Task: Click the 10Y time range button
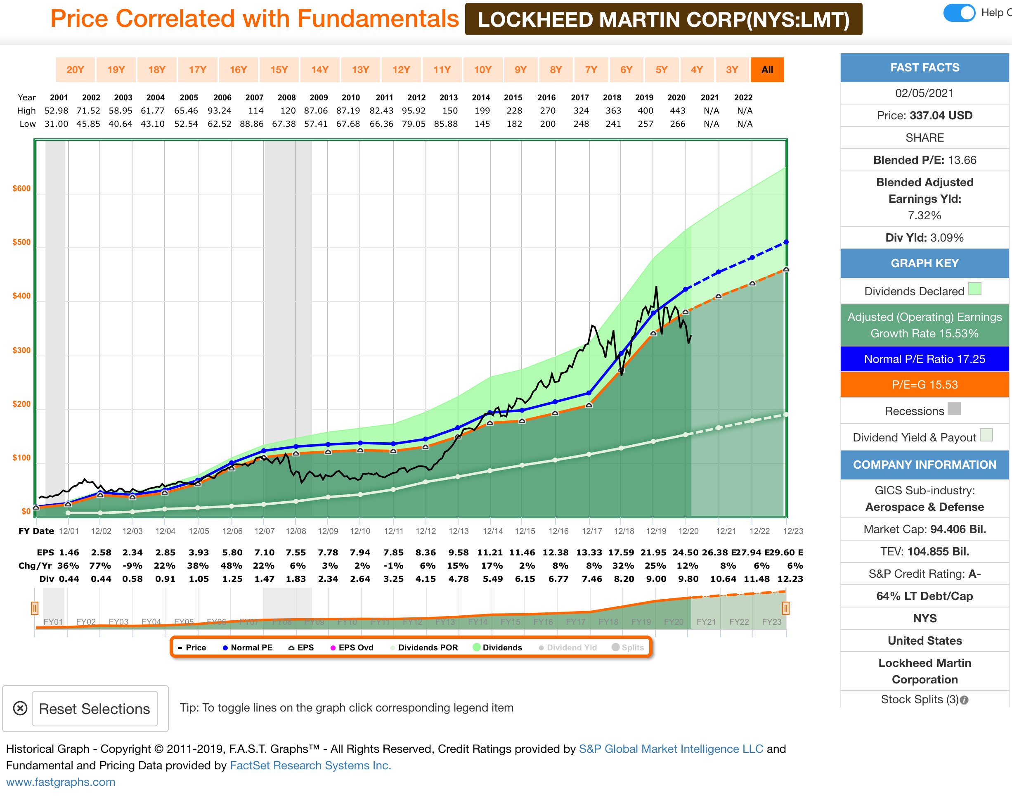point(483,69)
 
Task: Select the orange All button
point(767,69)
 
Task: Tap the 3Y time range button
point(732,69)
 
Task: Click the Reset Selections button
point(95,709)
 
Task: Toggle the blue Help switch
point(959,13)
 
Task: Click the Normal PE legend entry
point(247,647)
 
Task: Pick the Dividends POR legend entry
point(424,647)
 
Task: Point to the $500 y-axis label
point(21,242)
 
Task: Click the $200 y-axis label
point(21,404)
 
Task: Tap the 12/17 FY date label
point(592,531)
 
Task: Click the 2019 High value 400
point(646,111)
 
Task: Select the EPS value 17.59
point(621,553)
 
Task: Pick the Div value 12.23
point(790,579)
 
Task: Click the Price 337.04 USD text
point(925,115)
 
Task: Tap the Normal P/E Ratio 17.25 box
point(925,359)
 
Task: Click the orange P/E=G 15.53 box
point(925,384)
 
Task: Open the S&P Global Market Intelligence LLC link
point(671,749)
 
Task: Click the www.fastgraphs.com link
point(61,782)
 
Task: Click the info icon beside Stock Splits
point(965,700)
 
